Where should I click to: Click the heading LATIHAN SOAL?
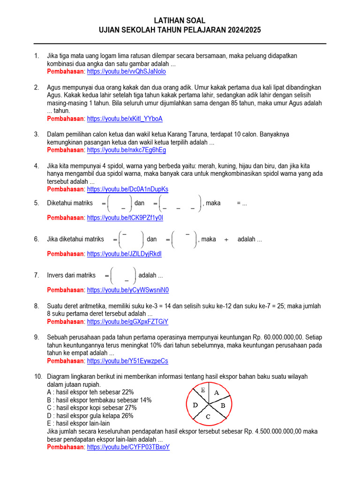coord(180,21)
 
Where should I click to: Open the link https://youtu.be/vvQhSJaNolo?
coord(126,72)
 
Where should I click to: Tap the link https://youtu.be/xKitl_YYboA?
coord(125,119)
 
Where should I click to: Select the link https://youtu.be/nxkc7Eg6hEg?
coord(126,150)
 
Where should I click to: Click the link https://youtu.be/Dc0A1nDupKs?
coord(127,189)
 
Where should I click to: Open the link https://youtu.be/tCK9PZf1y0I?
coord(125,218)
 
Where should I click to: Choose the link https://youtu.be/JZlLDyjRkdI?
coord(124,254)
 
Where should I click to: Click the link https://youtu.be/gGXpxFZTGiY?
coord(127,322)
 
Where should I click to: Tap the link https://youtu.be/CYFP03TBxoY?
coord(128,447)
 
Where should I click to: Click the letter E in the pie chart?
coord(203,390)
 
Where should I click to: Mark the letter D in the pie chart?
coord(195,405)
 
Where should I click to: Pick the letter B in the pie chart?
coord(223,405)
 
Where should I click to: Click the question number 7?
coord(37,275)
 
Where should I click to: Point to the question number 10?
coord(38,376)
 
